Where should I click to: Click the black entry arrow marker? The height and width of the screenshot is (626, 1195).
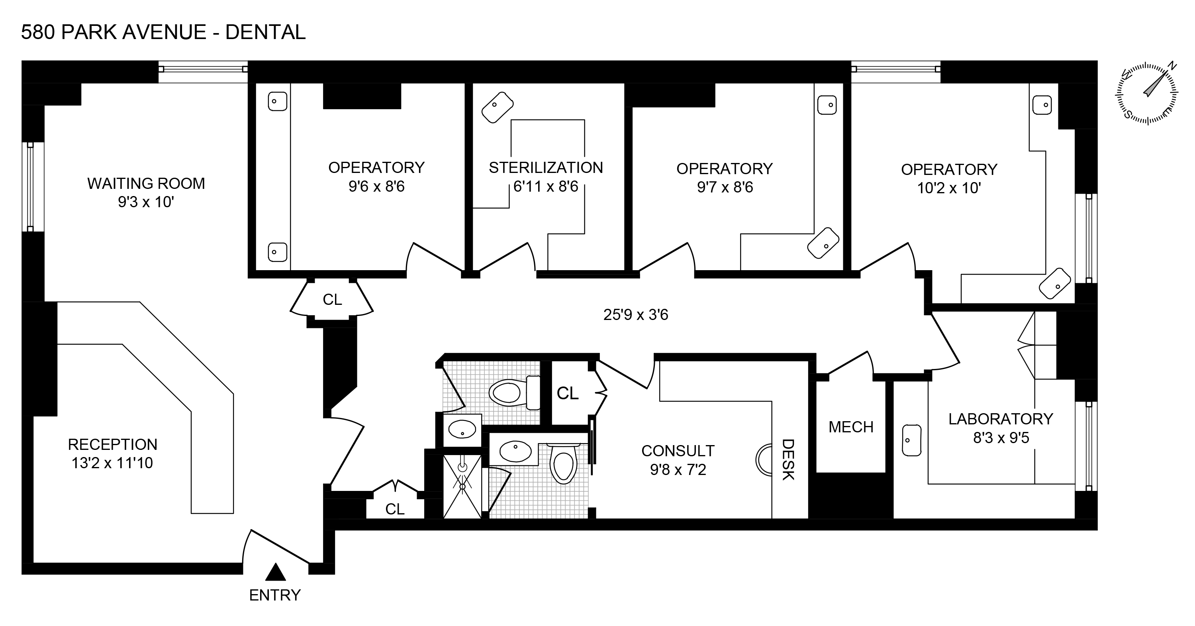click(276, 572)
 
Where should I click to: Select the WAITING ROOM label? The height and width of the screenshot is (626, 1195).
click(146, 184)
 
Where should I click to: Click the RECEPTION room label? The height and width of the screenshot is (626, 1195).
click(113, 445)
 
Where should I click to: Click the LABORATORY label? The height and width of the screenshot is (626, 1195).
click(1001, 419)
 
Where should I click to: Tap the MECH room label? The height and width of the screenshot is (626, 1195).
click(851, 427)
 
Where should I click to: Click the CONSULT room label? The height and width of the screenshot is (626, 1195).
click(678, 451)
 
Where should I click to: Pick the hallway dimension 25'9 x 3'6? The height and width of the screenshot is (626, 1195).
click(635, 315)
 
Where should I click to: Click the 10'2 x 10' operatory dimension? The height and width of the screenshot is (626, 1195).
click(949, 188)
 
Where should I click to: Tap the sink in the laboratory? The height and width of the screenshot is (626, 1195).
click(911, 440)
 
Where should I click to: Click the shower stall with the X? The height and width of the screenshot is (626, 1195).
click(462, 486)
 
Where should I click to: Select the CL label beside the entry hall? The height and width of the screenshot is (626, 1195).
click(395, 510)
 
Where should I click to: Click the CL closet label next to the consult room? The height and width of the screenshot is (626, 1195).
click(567, 394)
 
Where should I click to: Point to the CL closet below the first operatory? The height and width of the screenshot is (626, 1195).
click(332, 300)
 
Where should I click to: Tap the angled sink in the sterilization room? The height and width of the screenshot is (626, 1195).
click(497, 107)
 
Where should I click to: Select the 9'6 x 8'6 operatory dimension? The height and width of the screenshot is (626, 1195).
click(376, 186)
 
